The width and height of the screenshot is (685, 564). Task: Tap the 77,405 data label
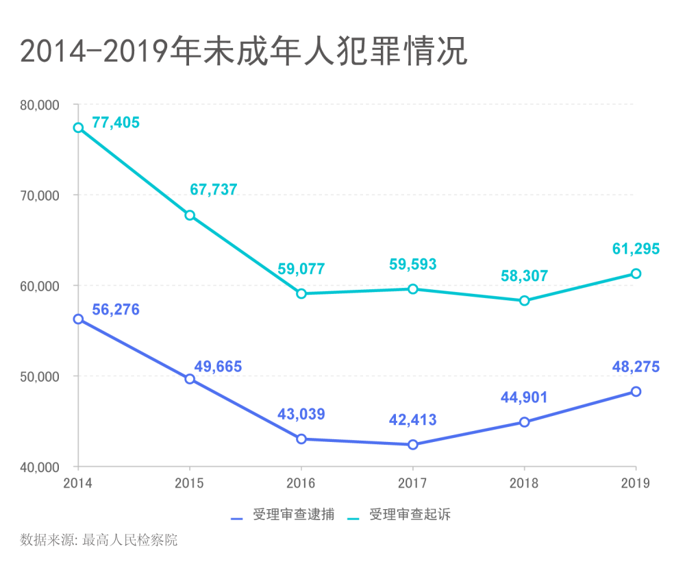tap(115, 123)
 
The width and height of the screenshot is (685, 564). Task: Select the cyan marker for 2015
tap(190, 215)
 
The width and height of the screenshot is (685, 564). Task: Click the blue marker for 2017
tap(413, 445)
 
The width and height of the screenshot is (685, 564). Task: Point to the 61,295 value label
tap(636, 249)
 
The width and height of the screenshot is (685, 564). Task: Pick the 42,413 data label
tap(413, 420)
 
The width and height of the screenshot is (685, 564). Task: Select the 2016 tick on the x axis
tap(301, 484)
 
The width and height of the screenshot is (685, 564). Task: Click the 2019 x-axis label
tap(636, 484)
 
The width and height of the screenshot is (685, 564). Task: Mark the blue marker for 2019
tap(636, 391)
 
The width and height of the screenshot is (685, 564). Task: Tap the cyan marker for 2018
tap(525, 300)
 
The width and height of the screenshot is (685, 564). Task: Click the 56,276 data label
tap(115, 310)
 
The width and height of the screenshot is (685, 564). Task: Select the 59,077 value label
tap(301, 269)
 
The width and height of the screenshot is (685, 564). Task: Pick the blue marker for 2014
tap(78, 319)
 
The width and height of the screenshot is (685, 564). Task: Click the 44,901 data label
tap(525, 397)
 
